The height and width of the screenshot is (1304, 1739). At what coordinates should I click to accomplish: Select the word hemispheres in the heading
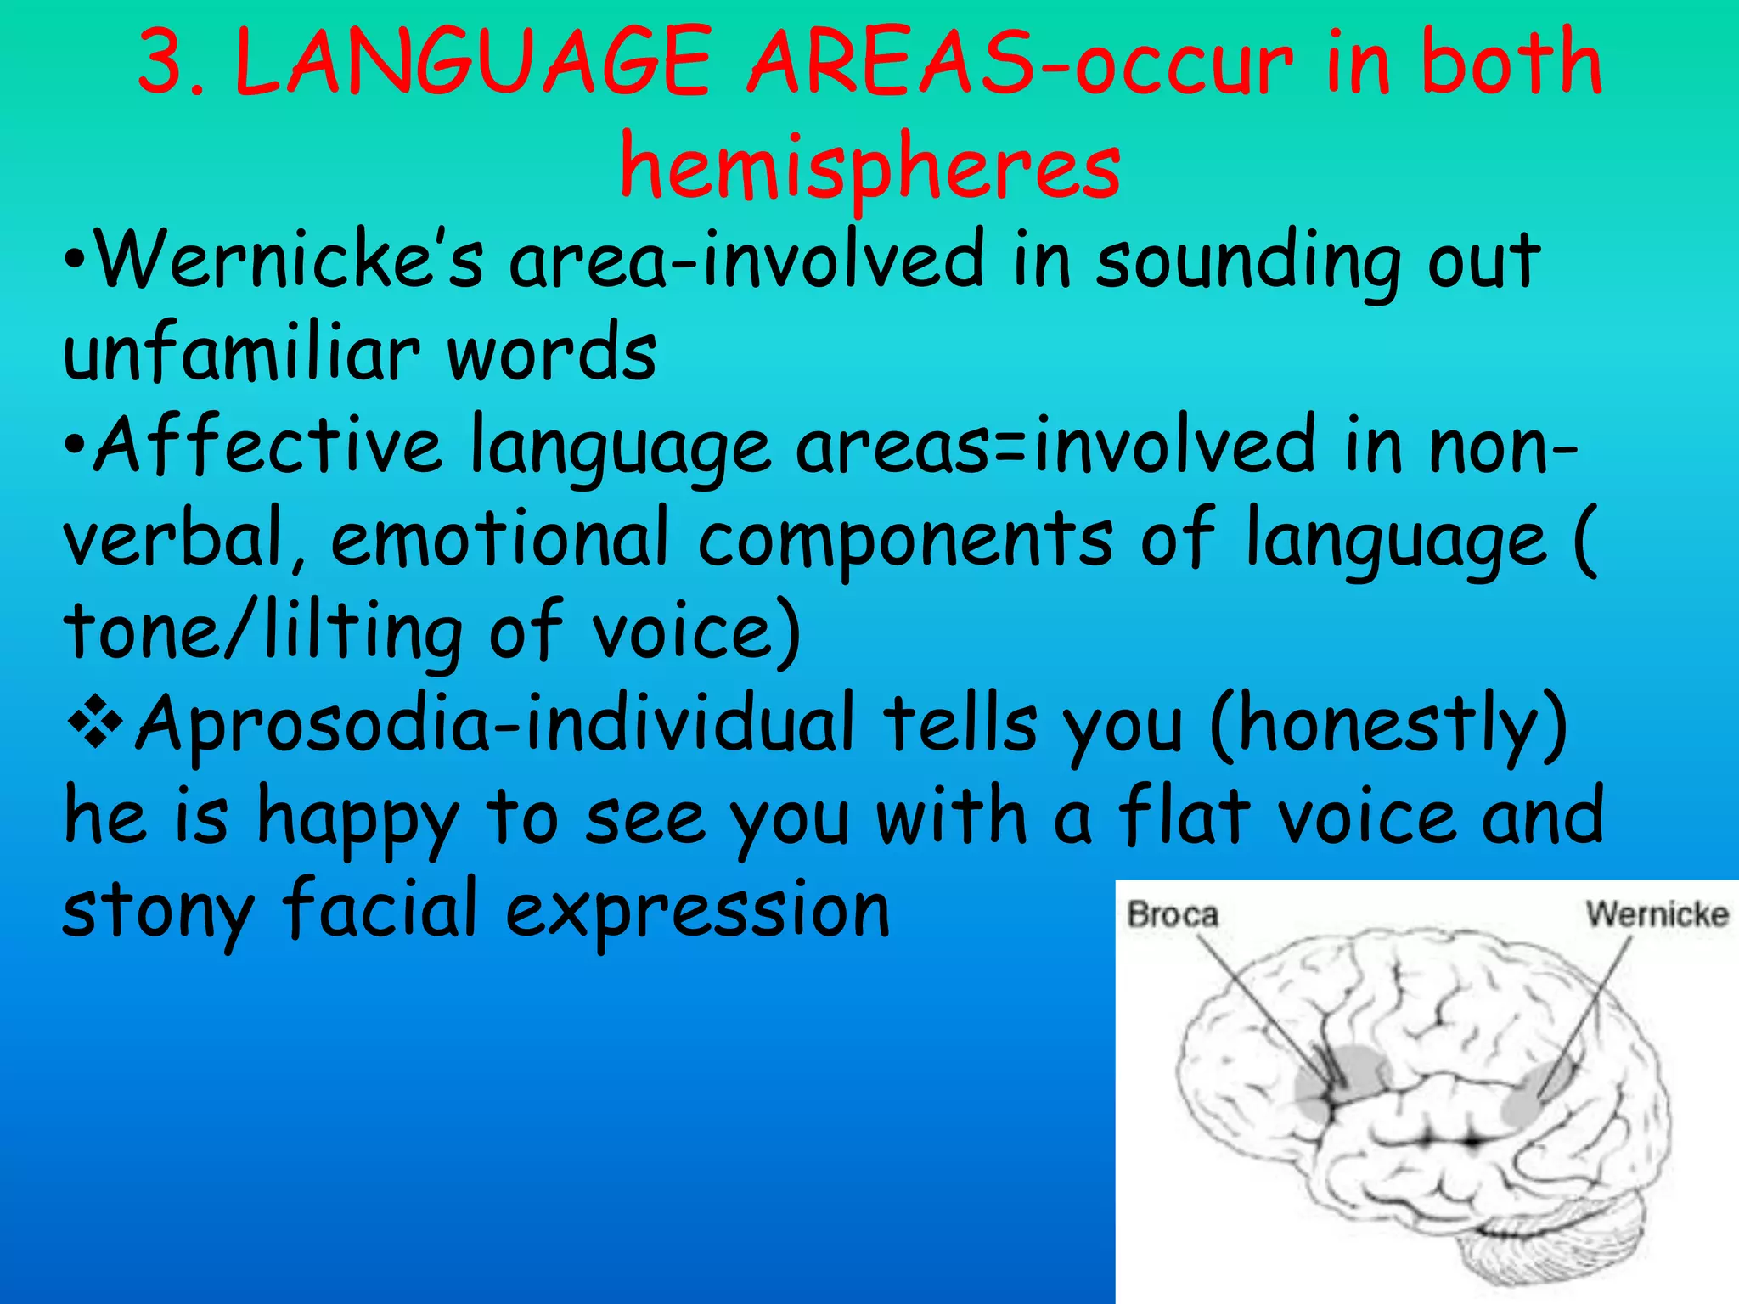click(x=869, y=166)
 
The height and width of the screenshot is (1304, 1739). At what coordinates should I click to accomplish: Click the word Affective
click(x=268, y=445)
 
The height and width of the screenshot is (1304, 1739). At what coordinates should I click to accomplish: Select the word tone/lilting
click(x=263, y=632)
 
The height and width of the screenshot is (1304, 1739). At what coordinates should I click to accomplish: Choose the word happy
click(x=357, y=819)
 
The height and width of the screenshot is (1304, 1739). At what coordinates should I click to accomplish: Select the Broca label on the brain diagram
click(x=1173, y=915)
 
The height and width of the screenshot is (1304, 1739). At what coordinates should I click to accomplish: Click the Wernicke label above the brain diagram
click(x=1657, y=914)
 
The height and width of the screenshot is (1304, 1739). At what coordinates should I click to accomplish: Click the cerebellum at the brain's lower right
click(x=1537, y=1248)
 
